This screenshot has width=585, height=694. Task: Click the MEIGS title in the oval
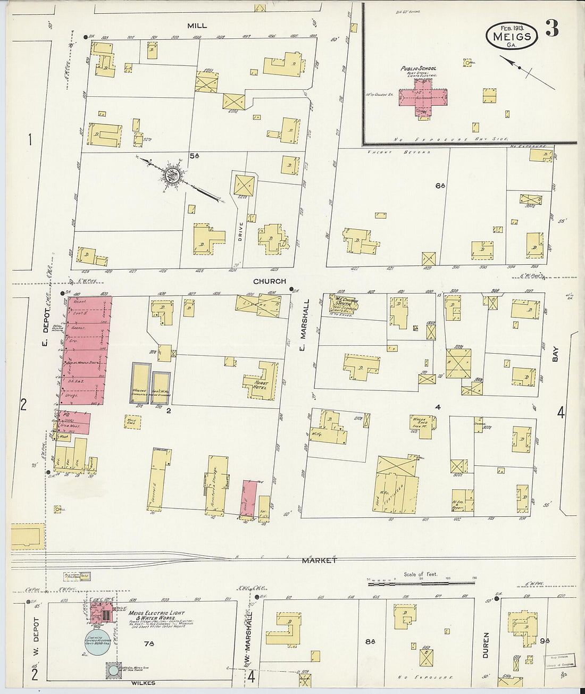coord(512,36)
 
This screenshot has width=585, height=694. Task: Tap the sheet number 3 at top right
coord(552,29)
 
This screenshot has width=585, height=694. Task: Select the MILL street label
coord(197,26)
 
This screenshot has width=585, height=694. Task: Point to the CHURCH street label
coord(269,281)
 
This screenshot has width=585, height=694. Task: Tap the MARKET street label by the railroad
coord(319,561)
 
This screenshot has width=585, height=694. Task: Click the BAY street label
coord(556,354)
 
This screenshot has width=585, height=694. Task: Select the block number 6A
coord(439,186)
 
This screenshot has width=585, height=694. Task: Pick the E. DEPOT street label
coord(45,321)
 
